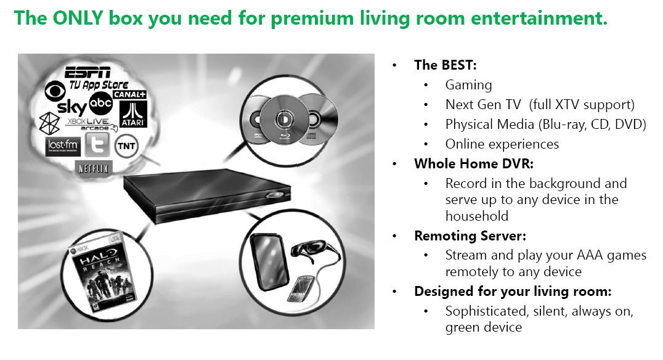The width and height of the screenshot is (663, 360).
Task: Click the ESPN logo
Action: (x=87, y=72)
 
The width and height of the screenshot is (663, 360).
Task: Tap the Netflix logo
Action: (x=94, y=168)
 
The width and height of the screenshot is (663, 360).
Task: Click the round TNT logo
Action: (x=126, y=146)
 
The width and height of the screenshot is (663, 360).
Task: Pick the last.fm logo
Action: (x=63, y=146)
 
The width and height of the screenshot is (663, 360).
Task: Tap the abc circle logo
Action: (x=100, y=103)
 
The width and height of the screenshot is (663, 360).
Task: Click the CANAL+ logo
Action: (x=129, y=94)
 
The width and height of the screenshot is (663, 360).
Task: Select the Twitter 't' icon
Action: (x=97, y=145)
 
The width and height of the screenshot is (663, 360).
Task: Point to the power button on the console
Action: (x=274, y=195)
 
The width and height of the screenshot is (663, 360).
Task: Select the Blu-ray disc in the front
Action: (x=284, y=120)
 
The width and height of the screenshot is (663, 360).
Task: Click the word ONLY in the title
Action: (x=78, y=18)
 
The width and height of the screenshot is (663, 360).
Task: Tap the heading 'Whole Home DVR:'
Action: (x=474, y=164)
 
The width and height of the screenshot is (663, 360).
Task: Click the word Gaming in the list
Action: (x=468, y=86)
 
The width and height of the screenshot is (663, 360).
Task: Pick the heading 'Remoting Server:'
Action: (x=470, y=235)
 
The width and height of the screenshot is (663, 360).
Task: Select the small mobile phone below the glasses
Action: (x=300, y=288)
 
